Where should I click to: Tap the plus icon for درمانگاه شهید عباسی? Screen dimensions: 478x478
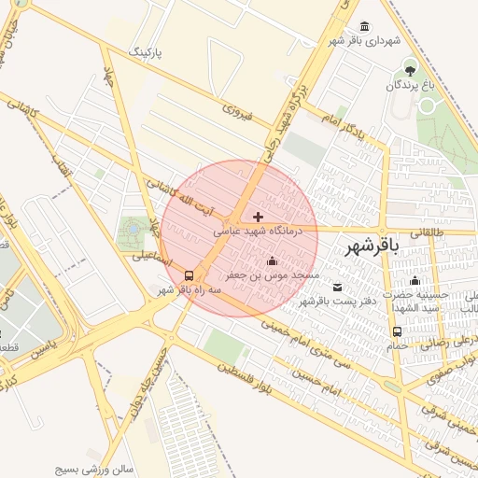[x=259, y=217]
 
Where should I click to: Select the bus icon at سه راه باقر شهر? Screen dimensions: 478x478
[x=190, y=275]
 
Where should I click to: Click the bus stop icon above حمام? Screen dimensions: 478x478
[x=398, y=331]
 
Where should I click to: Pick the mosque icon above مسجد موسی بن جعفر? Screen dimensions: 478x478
[x=272, y=261]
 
